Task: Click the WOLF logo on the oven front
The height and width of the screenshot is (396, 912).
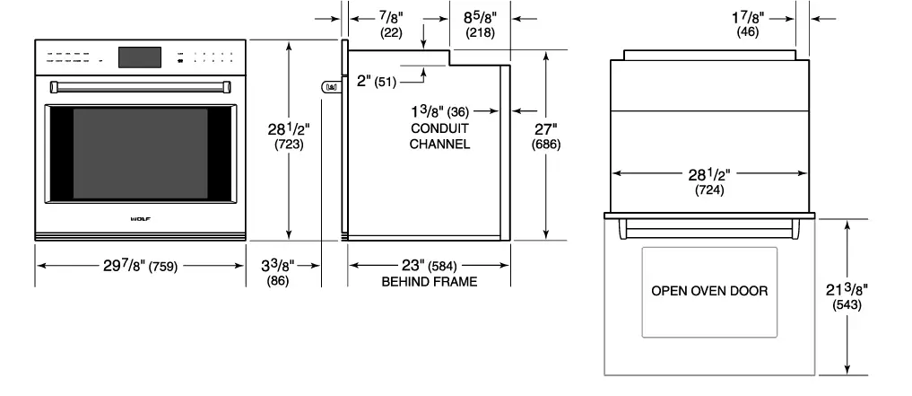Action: coord(141,217)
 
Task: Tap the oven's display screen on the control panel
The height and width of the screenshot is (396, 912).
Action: coord(140,57)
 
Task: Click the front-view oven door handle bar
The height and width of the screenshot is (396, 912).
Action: coord(141,85)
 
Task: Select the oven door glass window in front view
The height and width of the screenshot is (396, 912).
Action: coord(140,154)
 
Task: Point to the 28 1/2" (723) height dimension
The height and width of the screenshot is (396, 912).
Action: coord(288,136)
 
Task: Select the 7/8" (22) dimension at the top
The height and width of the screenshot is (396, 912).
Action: coord(392,23)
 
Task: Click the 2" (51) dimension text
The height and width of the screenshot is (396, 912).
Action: coord(376,81)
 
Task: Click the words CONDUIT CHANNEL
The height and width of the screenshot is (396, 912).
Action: coord(439,136)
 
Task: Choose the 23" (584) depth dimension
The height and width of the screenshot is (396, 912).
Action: coord(428,266)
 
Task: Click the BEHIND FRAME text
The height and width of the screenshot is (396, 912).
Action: coord(429,282)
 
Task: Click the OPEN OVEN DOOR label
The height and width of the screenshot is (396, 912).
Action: coord(709,291)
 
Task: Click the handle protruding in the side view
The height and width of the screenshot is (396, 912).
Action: coord(330,87)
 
